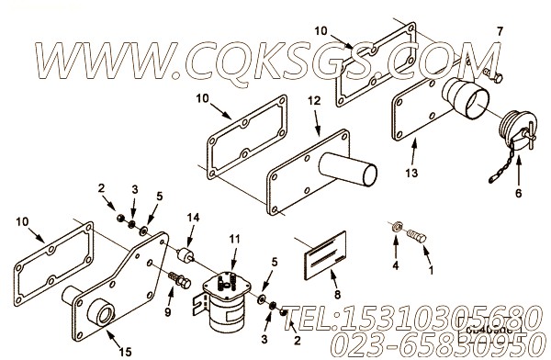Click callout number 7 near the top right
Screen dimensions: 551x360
point(500,32)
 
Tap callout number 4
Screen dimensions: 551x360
point(395,267)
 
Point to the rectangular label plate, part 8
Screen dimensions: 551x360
point(322,256)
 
